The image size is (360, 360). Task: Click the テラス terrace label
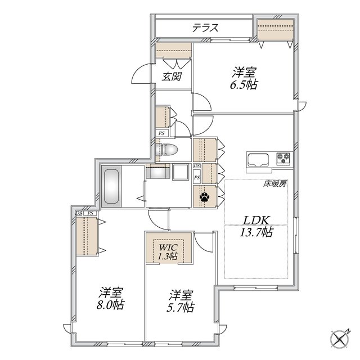tap(205, 28)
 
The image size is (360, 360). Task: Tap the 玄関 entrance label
tap(172, 76)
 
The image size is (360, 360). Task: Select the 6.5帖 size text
tap(244, 85)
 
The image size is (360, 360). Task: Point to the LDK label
tap(256, 220)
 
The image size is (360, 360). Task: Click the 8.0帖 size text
tap(110, 305)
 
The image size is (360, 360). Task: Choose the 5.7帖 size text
tap(181, 307)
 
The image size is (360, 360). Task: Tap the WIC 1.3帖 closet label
tap(168, 252)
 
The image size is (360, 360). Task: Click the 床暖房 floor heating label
tap(275, 183)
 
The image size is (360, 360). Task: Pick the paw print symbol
tap(204, 197)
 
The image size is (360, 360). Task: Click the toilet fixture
tap(166, 150)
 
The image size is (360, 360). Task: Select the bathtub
tap(111, 186)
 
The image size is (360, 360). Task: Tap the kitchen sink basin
tap(258, 159)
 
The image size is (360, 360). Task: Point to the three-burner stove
tap(283, 159)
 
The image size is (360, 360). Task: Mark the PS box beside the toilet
tap(161, 133)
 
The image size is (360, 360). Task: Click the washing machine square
tap(181, 172)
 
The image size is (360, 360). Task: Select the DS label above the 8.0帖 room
tap(79, 213)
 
